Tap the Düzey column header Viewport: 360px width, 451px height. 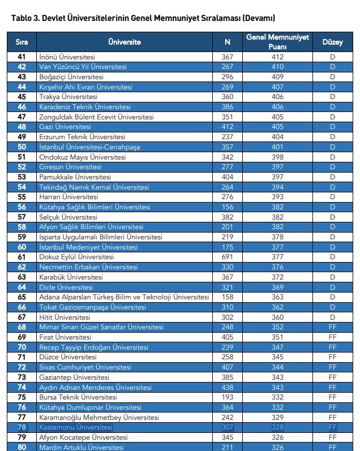[x=332, y=42]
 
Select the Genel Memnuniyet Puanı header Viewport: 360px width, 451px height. [x=277, y=42]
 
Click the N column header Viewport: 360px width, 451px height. [x=227, y=42]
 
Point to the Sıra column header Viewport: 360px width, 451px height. [x=22, y=42]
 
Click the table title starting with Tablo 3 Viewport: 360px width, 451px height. [x=143, y=18]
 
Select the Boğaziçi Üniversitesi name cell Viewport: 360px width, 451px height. [x=71, y=77]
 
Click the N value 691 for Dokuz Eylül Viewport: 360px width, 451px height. [x=227, y=257]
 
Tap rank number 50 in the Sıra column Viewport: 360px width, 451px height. [x=22, y=147]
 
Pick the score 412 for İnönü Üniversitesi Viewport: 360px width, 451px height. [x=277, y=57]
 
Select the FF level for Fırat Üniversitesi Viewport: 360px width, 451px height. [x=332, y=337]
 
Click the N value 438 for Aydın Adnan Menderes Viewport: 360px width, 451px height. [x=227, y=388]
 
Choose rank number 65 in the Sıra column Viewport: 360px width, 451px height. [x=22, y=297]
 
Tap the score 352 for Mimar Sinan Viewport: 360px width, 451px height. [x=277, y=327]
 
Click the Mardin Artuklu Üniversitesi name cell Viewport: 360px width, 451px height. [x=81, y=448]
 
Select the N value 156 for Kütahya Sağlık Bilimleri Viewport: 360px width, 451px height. [x=227, y=207]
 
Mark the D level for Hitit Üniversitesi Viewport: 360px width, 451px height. [x=332, y=317]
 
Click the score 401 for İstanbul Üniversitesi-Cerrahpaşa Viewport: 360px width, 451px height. [x=277, y=147]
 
